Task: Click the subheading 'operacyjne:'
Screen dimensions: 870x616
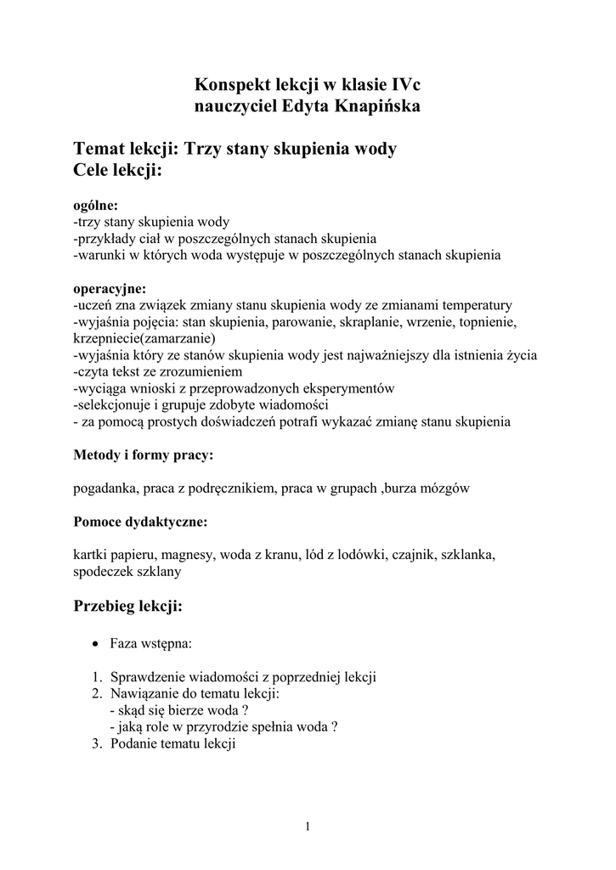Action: coord(110,288)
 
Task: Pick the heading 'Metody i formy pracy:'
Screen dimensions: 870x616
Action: coord(144,455)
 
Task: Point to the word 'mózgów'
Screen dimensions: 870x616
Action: coord(446,489)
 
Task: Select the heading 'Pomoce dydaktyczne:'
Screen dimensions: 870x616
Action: coord(140,521)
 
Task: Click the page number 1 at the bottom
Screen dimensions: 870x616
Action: coord(308,828)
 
